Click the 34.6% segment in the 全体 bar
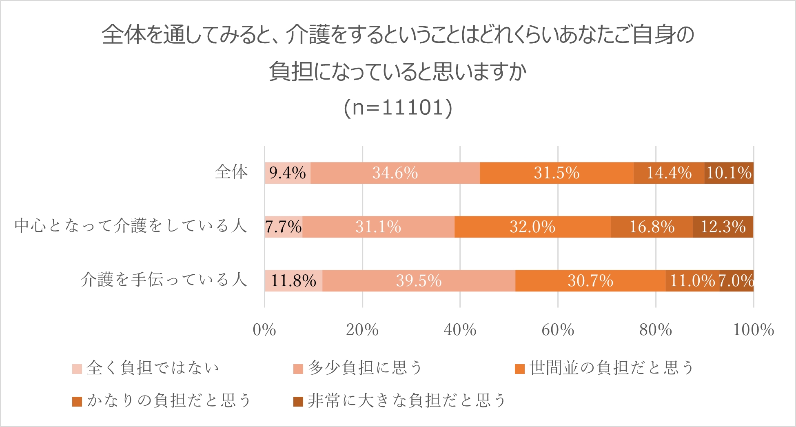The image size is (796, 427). [x=395, y=173]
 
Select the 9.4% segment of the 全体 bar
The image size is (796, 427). [x=288, y=173]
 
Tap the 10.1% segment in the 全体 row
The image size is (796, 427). [x=729, y=173]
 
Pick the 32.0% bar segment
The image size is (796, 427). [x=532, y=227]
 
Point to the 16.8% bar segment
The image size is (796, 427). [x=652, y=227]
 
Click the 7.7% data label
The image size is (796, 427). [x=284, y=227]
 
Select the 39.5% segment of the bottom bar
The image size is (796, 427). [x=419, y=281]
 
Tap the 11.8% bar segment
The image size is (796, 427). [x=293, y=281]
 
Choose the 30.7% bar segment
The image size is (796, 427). [x=590, y=281]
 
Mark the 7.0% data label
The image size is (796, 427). [x=736, y=281]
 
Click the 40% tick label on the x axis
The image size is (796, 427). [x=460, y=330]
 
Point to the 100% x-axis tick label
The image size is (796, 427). [x=753, y=330]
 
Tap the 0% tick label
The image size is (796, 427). [x=264, y=330]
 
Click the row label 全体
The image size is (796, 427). [x=231, y=172]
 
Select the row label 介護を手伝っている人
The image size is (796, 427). [x=164, y=280]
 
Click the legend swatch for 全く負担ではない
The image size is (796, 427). [x=77, y=369]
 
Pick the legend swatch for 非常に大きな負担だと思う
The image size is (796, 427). [x=298, y=401]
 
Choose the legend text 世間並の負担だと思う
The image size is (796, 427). [x=611, y=368]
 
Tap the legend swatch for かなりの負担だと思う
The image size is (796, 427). [x=77, y=401]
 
